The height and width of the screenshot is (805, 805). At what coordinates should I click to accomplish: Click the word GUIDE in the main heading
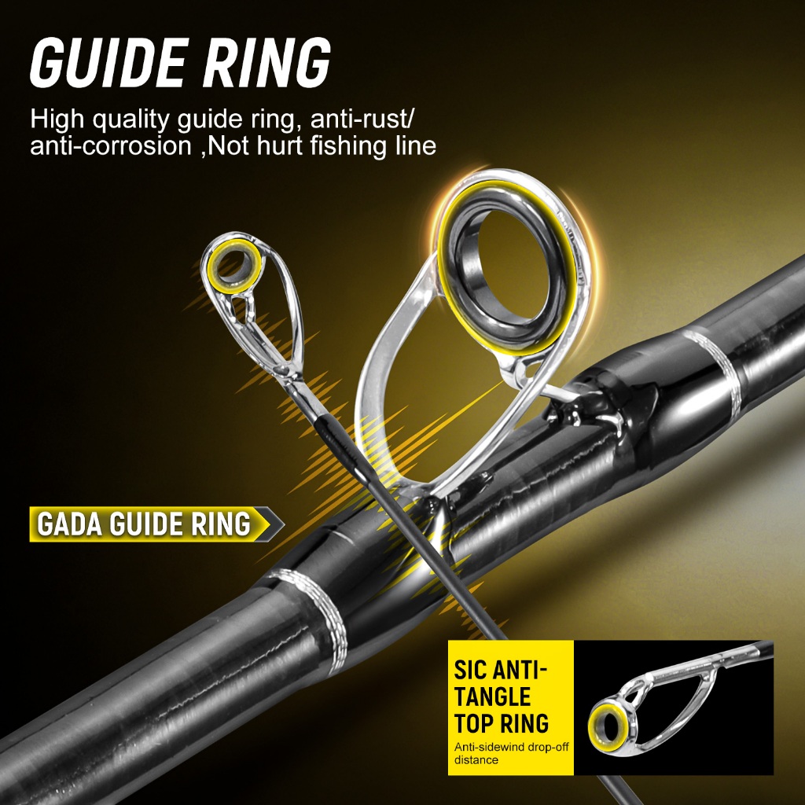pos(108,63)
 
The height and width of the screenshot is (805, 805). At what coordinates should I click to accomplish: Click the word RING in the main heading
pos(266,63)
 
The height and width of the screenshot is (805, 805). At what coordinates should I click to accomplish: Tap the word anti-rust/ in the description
pos(362,119)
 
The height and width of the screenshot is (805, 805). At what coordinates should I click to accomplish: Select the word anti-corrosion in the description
pos(110,145)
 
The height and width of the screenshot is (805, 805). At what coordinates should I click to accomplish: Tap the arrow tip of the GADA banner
pos(284,524)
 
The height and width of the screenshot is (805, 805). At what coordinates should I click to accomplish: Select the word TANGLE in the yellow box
pos(485,697)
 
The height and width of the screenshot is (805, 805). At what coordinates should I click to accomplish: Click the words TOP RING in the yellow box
pos(501,723)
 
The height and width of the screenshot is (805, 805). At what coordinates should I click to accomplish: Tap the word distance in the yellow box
pos(476,760)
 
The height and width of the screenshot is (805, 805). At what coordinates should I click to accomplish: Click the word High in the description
pos(57,119)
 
